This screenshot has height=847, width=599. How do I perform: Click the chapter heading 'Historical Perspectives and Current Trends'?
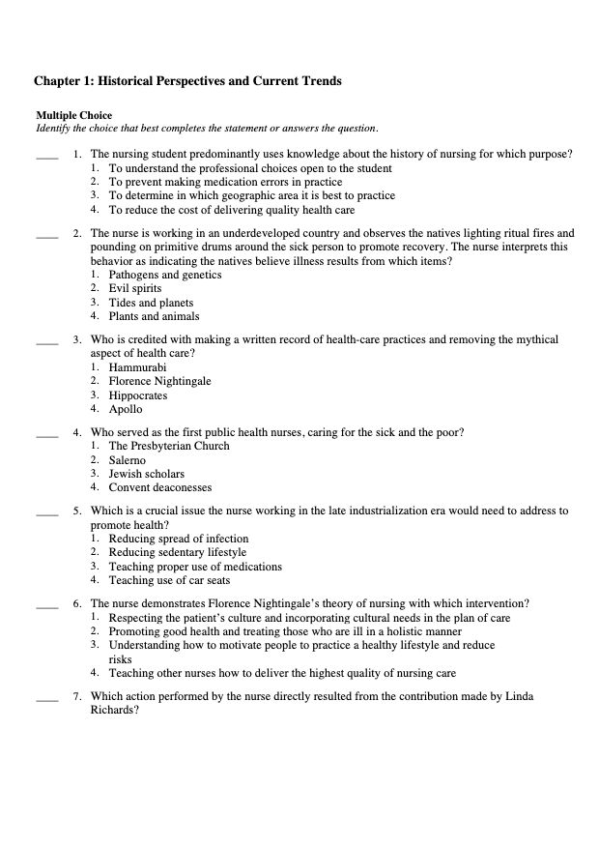(187, 81)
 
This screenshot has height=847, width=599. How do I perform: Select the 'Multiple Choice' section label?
(73, 116)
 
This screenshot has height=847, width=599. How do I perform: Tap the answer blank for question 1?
(46, 156)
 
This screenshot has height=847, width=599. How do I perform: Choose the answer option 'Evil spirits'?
(135, 288)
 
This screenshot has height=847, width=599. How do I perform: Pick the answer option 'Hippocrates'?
(138, 395)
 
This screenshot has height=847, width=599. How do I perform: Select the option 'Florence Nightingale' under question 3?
(159, 381)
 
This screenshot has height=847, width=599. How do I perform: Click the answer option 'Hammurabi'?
(138, 367)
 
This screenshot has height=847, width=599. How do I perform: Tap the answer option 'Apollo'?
(126, 409)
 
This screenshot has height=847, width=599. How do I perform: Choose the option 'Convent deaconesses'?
(159, 488)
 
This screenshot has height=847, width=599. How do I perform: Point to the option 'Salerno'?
(129, 460)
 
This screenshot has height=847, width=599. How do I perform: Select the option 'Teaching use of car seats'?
(169, 581)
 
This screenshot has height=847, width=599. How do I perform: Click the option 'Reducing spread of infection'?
(179, 539)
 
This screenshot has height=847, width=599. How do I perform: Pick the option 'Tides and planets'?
(151, 303)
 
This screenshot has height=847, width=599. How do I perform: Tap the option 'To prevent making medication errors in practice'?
(225, 182)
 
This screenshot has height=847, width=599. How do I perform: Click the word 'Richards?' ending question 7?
(115, 710)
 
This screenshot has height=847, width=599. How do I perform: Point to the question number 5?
(76, 510)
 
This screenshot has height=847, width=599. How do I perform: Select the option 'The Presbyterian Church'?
(169, 447)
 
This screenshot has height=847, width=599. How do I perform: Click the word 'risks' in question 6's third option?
(121, 658)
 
